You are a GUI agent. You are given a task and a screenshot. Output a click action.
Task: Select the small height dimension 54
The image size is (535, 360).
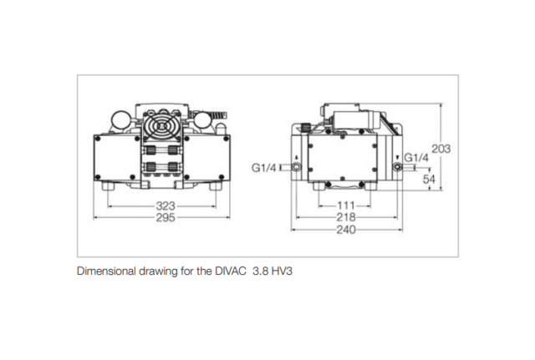coord(430,180)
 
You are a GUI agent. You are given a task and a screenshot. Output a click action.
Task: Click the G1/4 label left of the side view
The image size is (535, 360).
coord(264,168)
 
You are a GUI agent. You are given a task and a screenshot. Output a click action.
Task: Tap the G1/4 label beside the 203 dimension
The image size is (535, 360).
coord(416,158)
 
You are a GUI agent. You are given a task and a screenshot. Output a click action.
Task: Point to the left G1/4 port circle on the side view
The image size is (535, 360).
coord(296,168)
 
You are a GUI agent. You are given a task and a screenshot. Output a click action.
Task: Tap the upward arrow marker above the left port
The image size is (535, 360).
coord(296,157)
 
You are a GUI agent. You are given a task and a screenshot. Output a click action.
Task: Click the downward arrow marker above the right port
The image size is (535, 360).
coord(396,157)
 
